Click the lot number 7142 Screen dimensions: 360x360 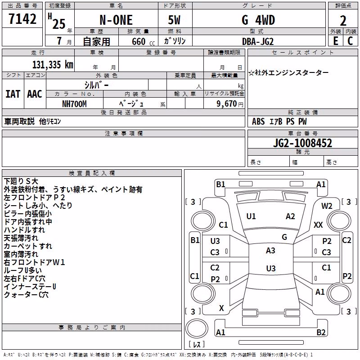[x=22, y=19]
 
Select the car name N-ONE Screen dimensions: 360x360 [x=116, y=20]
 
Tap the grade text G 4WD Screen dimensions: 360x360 [x=258, y=20]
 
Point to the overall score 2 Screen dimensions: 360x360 [x=343, y=21]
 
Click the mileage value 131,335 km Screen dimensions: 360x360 [x=53, y=65]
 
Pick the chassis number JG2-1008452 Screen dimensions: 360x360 [x=302, y=143]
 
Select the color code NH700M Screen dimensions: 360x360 [x=74, y=104]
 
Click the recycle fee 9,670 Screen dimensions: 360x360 [x=227, y=104]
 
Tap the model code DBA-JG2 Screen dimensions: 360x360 [x=258, y=41]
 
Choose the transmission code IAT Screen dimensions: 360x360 [x=13, y=94]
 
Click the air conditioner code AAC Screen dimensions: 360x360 [x=35, y=94]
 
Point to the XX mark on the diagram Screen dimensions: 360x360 [x=318, y=225]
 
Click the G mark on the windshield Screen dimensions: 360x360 [x=284, y=237]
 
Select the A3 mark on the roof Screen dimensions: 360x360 [x=271, y=251]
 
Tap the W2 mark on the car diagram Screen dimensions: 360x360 [x=327, y=206]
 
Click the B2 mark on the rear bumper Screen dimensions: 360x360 [x=321, y=333]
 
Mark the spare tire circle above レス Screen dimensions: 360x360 [x=197, y=328]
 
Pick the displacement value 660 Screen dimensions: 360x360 [x=139, y=41]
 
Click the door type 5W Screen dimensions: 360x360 [x=174, y=20]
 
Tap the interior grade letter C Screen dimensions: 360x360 [x=350, y=41]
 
